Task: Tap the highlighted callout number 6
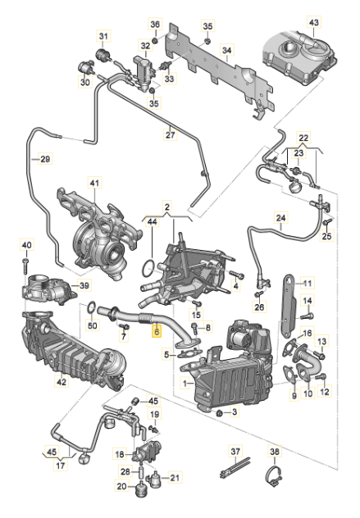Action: [157, 332]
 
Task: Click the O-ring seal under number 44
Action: [147, 266]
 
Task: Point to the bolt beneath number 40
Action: [26, 265]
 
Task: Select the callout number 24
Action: [280, 219]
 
